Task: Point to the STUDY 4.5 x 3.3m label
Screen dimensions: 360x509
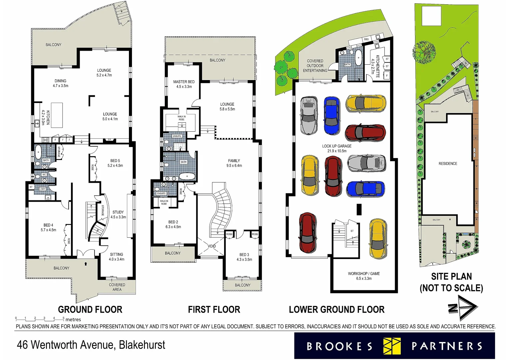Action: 118,214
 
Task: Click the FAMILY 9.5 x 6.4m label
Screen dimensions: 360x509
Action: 234,163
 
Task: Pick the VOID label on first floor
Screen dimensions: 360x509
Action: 212,246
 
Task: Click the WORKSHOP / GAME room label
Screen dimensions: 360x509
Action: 364,276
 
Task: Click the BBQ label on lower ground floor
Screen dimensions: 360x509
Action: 366,39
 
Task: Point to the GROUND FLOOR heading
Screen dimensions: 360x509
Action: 90,309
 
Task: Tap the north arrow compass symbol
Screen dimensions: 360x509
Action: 463,308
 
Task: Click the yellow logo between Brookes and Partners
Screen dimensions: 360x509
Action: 392,346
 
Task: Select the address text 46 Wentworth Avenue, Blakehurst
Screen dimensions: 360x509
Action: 91,345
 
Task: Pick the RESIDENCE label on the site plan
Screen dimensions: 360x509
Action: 448,164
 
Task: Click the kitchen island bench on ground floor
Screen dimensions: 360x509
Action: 57,115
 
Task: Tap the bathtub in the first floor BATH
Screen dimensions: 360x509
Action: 186,176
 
